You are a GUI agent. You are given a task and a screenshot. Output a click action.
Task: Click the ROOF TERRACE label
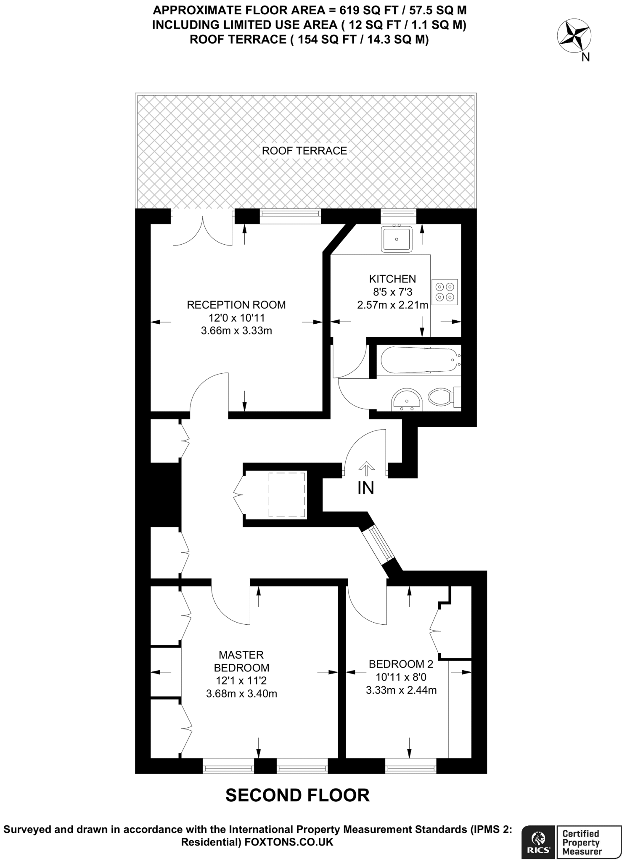point(304,151)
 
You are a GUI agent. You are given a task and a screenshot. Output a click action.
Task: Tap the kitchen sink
point(397,239)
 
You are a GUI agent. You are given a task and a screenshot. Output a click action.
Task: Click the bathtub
point(418,360)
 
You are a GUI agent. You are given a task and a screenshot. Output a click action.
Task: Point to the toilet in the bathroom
point(440,396)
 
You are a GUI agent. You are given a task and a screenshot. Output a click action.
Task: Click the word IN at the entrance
point(365,488)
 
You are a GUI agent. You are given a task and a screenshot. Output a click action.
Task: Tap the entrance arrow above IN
point(366,468)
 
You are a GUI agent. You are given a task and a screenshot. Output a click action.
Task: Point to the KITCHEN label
point(392,279)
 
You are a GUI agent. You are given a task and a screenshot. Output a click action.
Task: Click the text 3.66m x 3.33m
point(236,331)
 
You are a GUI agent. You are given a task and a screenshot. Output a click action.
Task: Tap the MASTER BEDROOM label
point(241,661)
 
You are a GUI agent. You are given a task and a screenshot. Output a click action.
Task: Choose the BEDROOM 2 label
point(401,664)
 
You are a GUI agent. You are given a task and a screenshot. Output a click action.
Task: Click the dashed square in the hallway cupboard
point(287,495)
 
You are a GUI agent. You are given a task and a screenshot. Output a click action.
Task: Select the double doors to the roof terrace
point(203,230)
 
